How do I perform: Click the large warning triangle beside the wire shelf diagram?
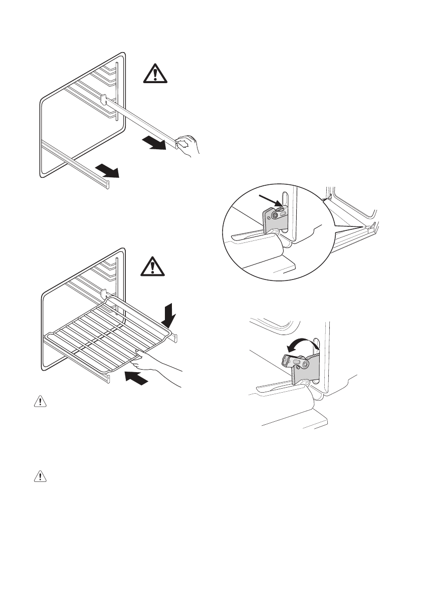(154, 266)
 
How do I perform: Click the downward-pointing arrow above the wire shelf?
(170, 314)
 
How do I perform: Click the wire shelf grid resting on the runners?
(108, 335)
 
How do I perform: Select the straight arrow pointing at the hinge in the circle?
(269, 201)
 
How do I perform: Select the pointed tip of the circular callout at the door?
(364, 228)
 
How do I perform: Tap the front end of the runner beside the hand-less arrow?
(106, 185)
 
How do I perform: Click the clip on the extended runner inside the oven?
(103, 99)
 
